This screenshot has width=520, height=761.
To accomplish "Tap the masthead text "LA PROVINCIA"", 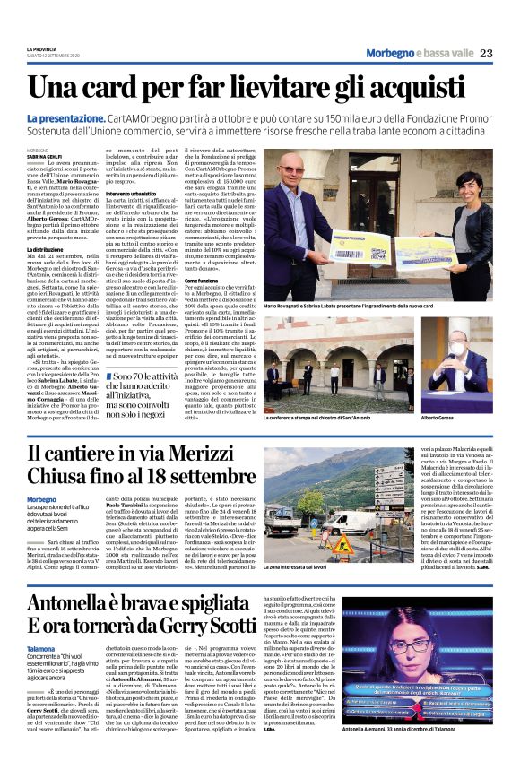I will [41, 48].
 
